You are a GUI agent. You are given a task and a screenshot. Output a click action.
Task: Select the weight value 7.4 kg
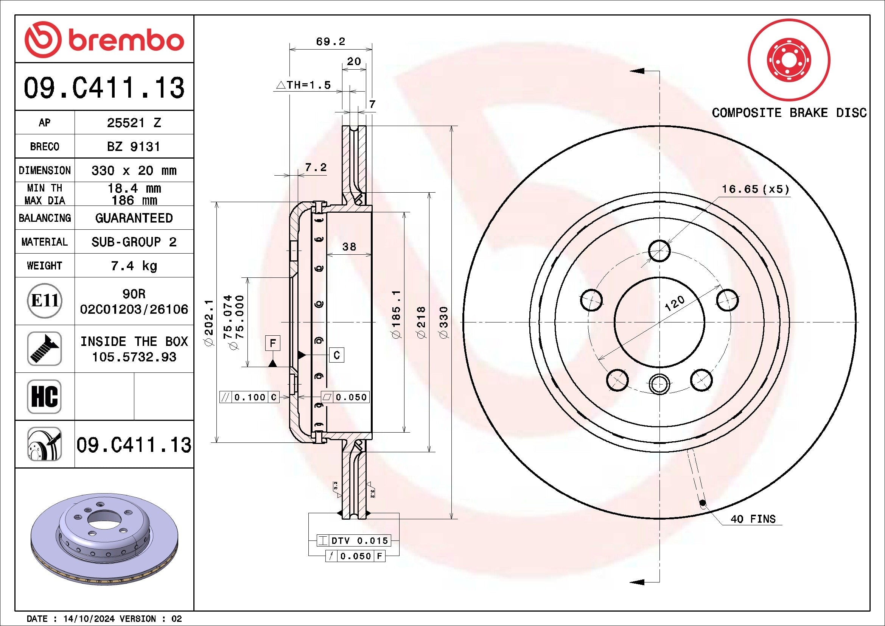tap(134, 266)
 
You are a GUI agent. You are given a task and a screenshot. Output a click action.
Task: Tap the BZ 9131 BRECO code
tap(134, 146)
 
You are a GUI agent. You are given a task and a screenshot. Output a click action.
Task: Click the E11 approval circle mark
tap(45, 301)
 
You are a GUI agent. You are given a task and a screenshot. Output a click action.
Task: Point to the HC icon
tap(44, 396)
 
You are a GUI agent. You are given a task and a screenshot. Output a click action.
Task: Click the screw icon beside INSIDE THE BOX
tap(44, 349)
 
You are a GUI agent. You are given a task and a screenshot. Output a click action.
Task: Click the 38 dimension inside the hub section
tap(349, 247)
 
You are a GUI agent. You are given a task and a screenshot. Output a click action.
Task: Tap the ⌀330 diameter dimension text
tap(444, 322)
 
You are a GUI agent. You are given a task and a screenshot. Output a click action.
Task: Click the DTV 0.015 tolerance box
tap(354, 540)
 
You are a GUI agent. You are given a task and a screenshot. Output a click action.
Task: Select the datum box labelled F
tap(273, 343)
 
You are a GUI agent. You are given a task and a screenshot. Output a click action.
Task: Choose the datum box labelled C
tap(336, 355)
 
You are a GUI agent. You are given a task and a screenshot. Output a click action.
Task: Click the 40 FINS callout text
tap(753, 519)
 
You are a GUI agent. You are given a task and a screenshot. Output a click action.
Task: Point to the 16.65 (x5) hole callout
tap(755, 189)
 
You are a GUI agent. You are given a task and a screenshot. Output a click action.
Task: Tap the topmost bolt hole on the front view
tap(659, 251)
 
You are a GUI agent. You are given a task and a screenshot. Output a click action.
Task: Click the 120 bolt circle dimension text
tap(675, 304)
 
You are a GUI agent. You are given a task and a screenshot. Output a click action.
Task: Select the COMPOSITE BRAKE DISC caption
tap(789, 113)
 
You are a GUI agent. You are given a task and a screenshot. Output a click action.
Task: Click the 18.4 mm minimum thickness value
tap(134, 188)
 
